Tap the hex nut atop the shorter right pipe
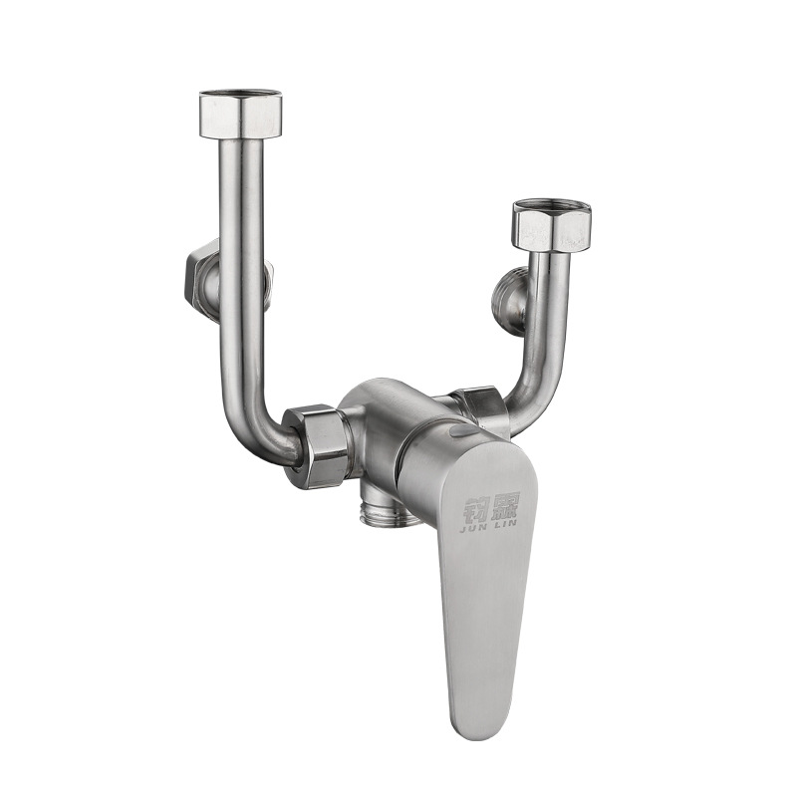pyautogui.click(x=551, y=229)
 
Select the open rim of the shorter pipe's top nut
pyautogui.click(x=552, y=209)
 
